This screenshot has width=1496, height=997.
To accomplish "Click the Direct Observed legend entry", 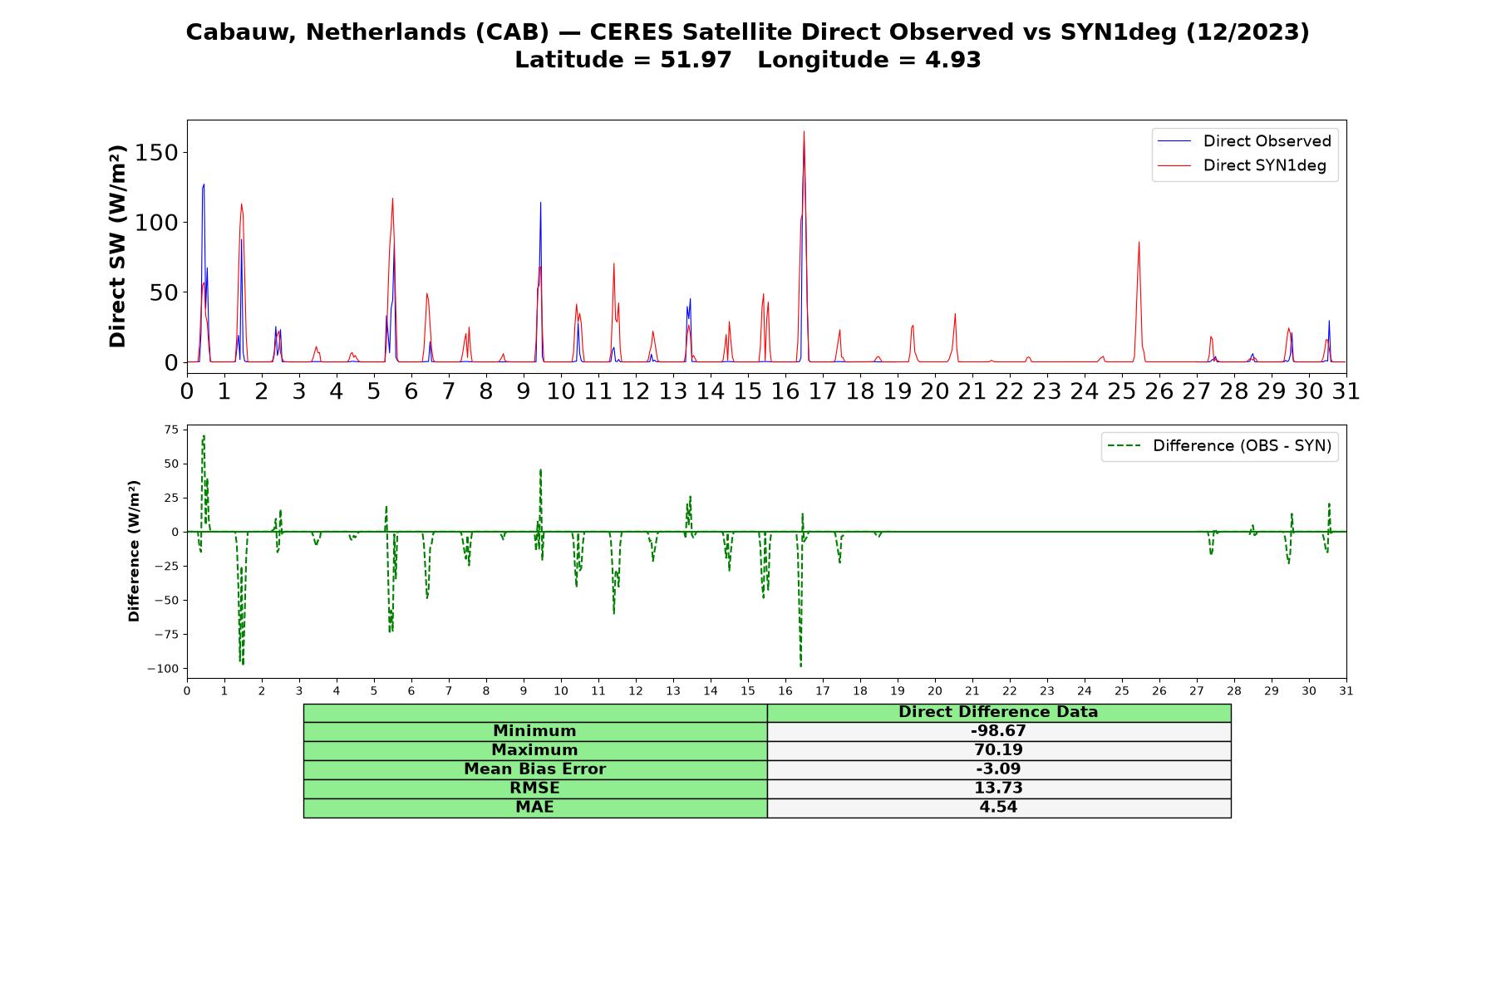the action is tap(1244, 141).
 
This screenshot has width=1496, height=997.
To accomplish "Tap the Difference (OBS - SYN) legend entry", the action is tap(1219, 446).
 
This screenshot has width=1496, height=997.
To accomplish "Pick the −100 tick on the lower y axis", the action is tap(163, 669).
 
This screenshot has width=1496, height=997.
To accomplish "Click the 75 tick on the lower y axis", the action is tap(171, 430).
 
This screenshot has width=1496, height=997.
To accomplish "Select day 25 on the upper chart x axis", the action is tap(1122, 390).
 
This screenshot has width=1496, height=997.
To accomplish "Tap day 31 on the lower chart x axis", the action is tap(1346, 691).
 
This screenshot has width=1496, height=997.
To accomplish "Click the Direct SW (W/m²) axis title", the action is tap(117, 246).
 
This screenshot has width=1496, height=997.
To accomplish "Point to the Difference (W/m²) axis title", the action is tap(134, 551).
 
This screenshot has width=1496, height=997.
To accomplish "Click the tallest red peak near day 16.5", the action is tap(804, 131).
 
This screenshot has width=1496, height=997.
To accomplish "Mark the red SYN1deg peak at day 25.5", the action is tap(1139, 242).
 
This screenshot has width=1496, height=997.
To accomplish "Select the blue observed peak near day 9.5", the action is tap(540, 203).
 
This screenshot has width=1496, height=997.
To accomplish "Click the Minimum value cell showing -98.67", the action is tap(998, 731).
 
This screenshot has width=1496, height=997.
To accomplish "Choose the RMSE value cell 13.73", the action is tap(998, 788).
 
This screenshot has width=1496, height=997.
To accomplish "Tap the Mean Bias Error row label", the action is tap(534, 769).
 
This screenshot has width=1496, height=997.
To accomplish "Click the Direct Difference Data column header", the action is tap(998, 712).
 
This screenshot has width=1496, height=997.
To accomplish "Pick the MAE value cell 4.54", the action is tap(998, 808).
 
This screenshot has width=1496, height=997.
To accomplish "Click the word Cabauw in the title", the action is tap(241, 32).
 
